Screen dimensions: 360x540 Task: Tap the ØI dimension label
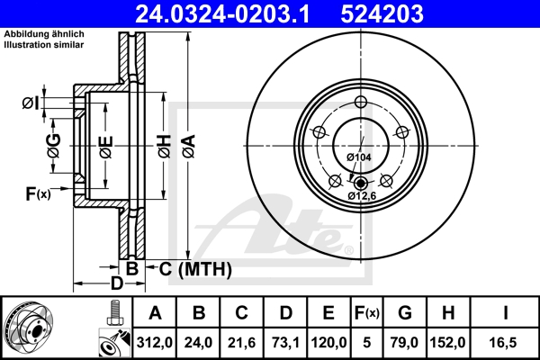pos(30,103)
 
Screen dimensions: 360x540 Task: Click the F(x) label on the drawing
pos(37,193)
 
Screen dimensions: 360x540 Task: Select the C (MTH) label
pos(195,268)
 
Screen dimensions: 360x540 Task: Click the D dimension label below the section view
pos(116,283)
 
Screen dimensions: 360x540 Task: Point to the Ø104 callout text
pos(359,157)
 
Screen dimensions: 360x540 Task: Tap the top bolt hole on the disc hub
pos(360,101)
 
